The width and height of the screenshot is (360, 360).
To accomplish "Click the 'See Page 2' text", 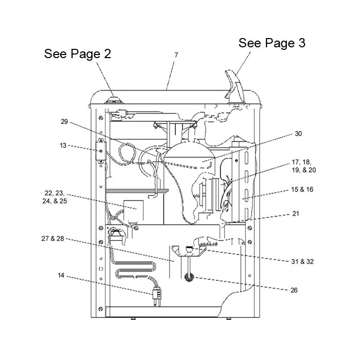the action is tap(78, 53).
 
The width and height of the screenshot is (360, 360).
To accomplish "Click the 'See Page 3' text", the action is tap(272, 43).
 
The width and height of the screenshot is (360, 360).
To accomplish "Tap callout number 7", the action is tap(176, 55).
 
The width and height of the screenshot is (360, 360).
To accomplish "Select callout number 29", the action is tap(64, 121).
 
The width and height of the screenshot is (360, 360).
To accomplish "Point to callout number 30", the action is tap(298, 134).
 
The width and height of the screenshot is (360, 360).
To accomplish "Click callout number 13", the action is tap(63, 146).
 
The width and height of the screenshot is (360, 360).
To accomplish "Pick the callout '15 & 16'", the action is tap(302, 189).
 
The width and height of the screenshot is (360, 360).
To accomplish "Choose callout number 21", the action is tap(296, 214).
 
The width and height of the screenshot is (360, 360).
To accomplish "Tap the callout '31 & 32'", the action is tap(302, 261).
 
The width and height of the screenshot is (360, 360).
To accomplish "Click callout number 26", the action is tap(294, 290).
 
